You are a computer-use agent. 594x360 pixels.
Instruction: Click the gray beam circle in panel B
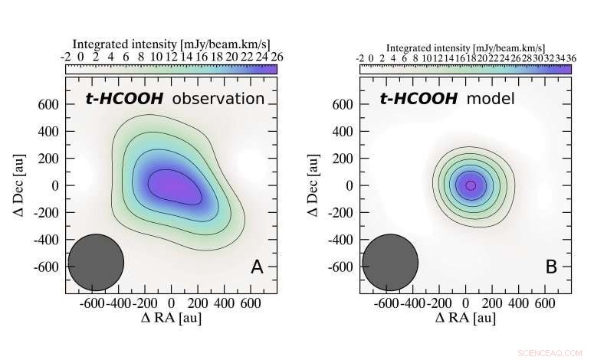pos(390,263)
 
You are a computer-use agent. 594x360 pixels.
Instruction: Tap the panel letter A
pos(258,267)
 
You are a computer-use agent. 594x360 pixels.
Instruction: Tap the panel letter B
pos(552,267)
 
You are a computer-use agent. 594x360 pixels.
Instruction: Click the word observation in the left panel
pos(218,99)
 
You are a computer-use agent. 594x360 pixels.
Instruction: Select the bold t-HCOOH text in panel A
pos(125,99)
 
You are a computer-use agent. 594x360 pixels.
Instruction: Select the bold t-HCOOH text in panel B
pos(418,99)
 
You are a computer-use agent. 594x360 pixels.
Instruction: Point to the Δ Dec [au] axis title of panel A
pos(18,185)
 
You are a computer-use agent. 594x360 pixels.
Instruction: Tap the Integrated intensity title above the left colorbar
pos(170,43)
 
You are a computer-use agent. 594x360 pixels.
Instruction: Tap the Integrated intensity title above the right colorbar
pos(465,46)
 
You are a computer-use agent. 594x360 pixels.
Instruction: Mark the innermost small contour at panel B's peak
pos(471,185)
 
